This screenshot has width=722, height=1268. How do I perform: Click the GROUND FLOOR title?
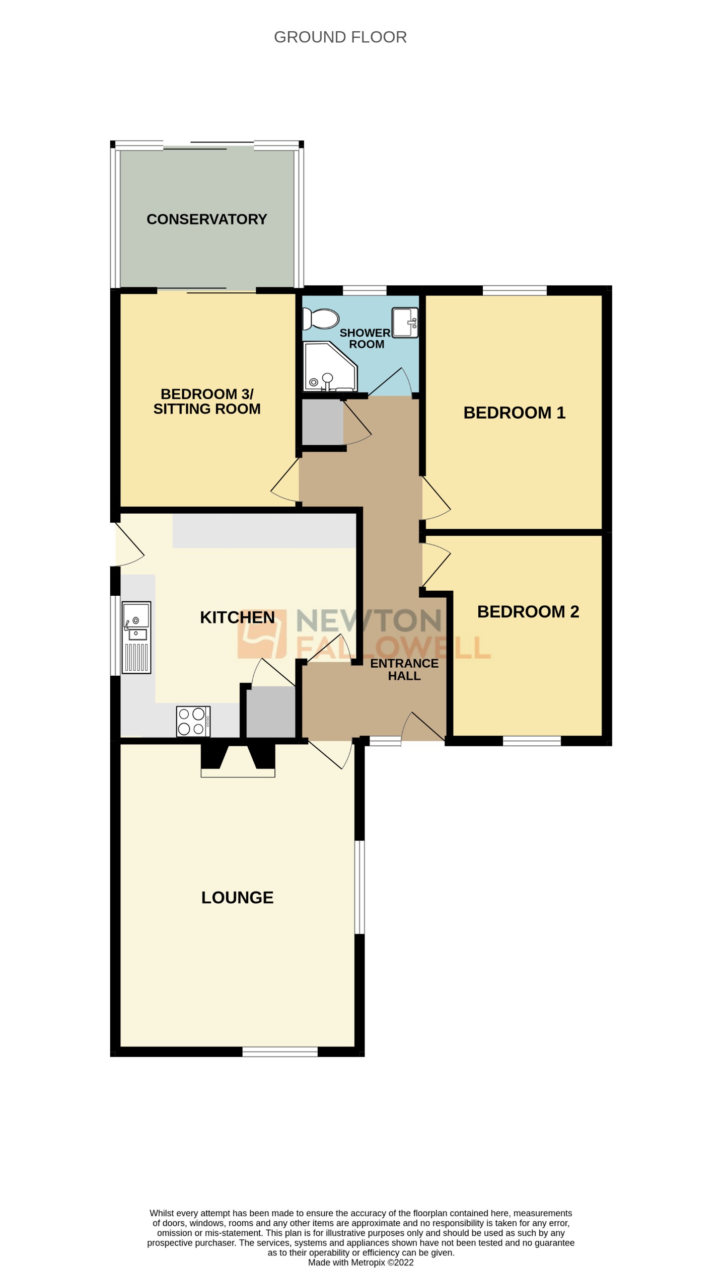click(340, 37)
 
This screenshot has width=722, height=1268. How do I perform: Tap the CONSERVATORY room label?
click(206, 219)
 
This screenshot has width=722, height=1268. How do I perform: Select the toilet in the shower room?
click(321, 319)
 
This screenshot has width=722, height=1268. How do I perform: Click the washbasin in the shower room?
click(405, 323)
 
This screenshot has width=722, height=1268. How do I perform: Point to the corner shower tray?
click(328, 368)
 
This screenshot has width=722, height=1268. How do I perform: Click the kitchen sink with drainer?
click(136, 637)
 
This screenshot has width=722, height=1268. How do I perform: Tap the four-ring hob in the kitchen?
click(193, 721)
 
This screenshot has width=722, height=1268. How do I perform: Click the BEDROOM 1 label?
click(514, 413)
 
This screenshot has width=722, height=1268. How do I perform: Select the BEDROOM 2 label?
click(528, 612)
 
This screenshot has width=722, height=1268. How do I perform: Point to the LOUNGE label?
click(237, 898)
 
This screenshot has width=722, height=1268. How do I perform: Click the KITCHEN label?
click(237, 617)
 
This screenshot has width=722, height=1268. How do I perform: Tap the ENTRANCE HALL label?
click(404, 670)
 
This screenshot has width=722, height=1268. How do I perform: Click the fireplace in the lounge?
click(238, 760)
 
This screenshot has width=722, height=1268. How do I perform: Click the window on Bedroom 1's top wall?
click(514, 290)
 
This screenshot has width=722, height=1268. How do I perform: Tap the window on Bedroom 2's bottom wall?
click(531, 741)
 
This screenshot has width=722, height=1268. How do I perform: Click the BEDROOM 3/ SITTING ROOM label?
click(207, 402)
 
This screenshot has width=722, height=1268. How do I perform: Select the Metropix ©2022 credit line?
click(360, 1262)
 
